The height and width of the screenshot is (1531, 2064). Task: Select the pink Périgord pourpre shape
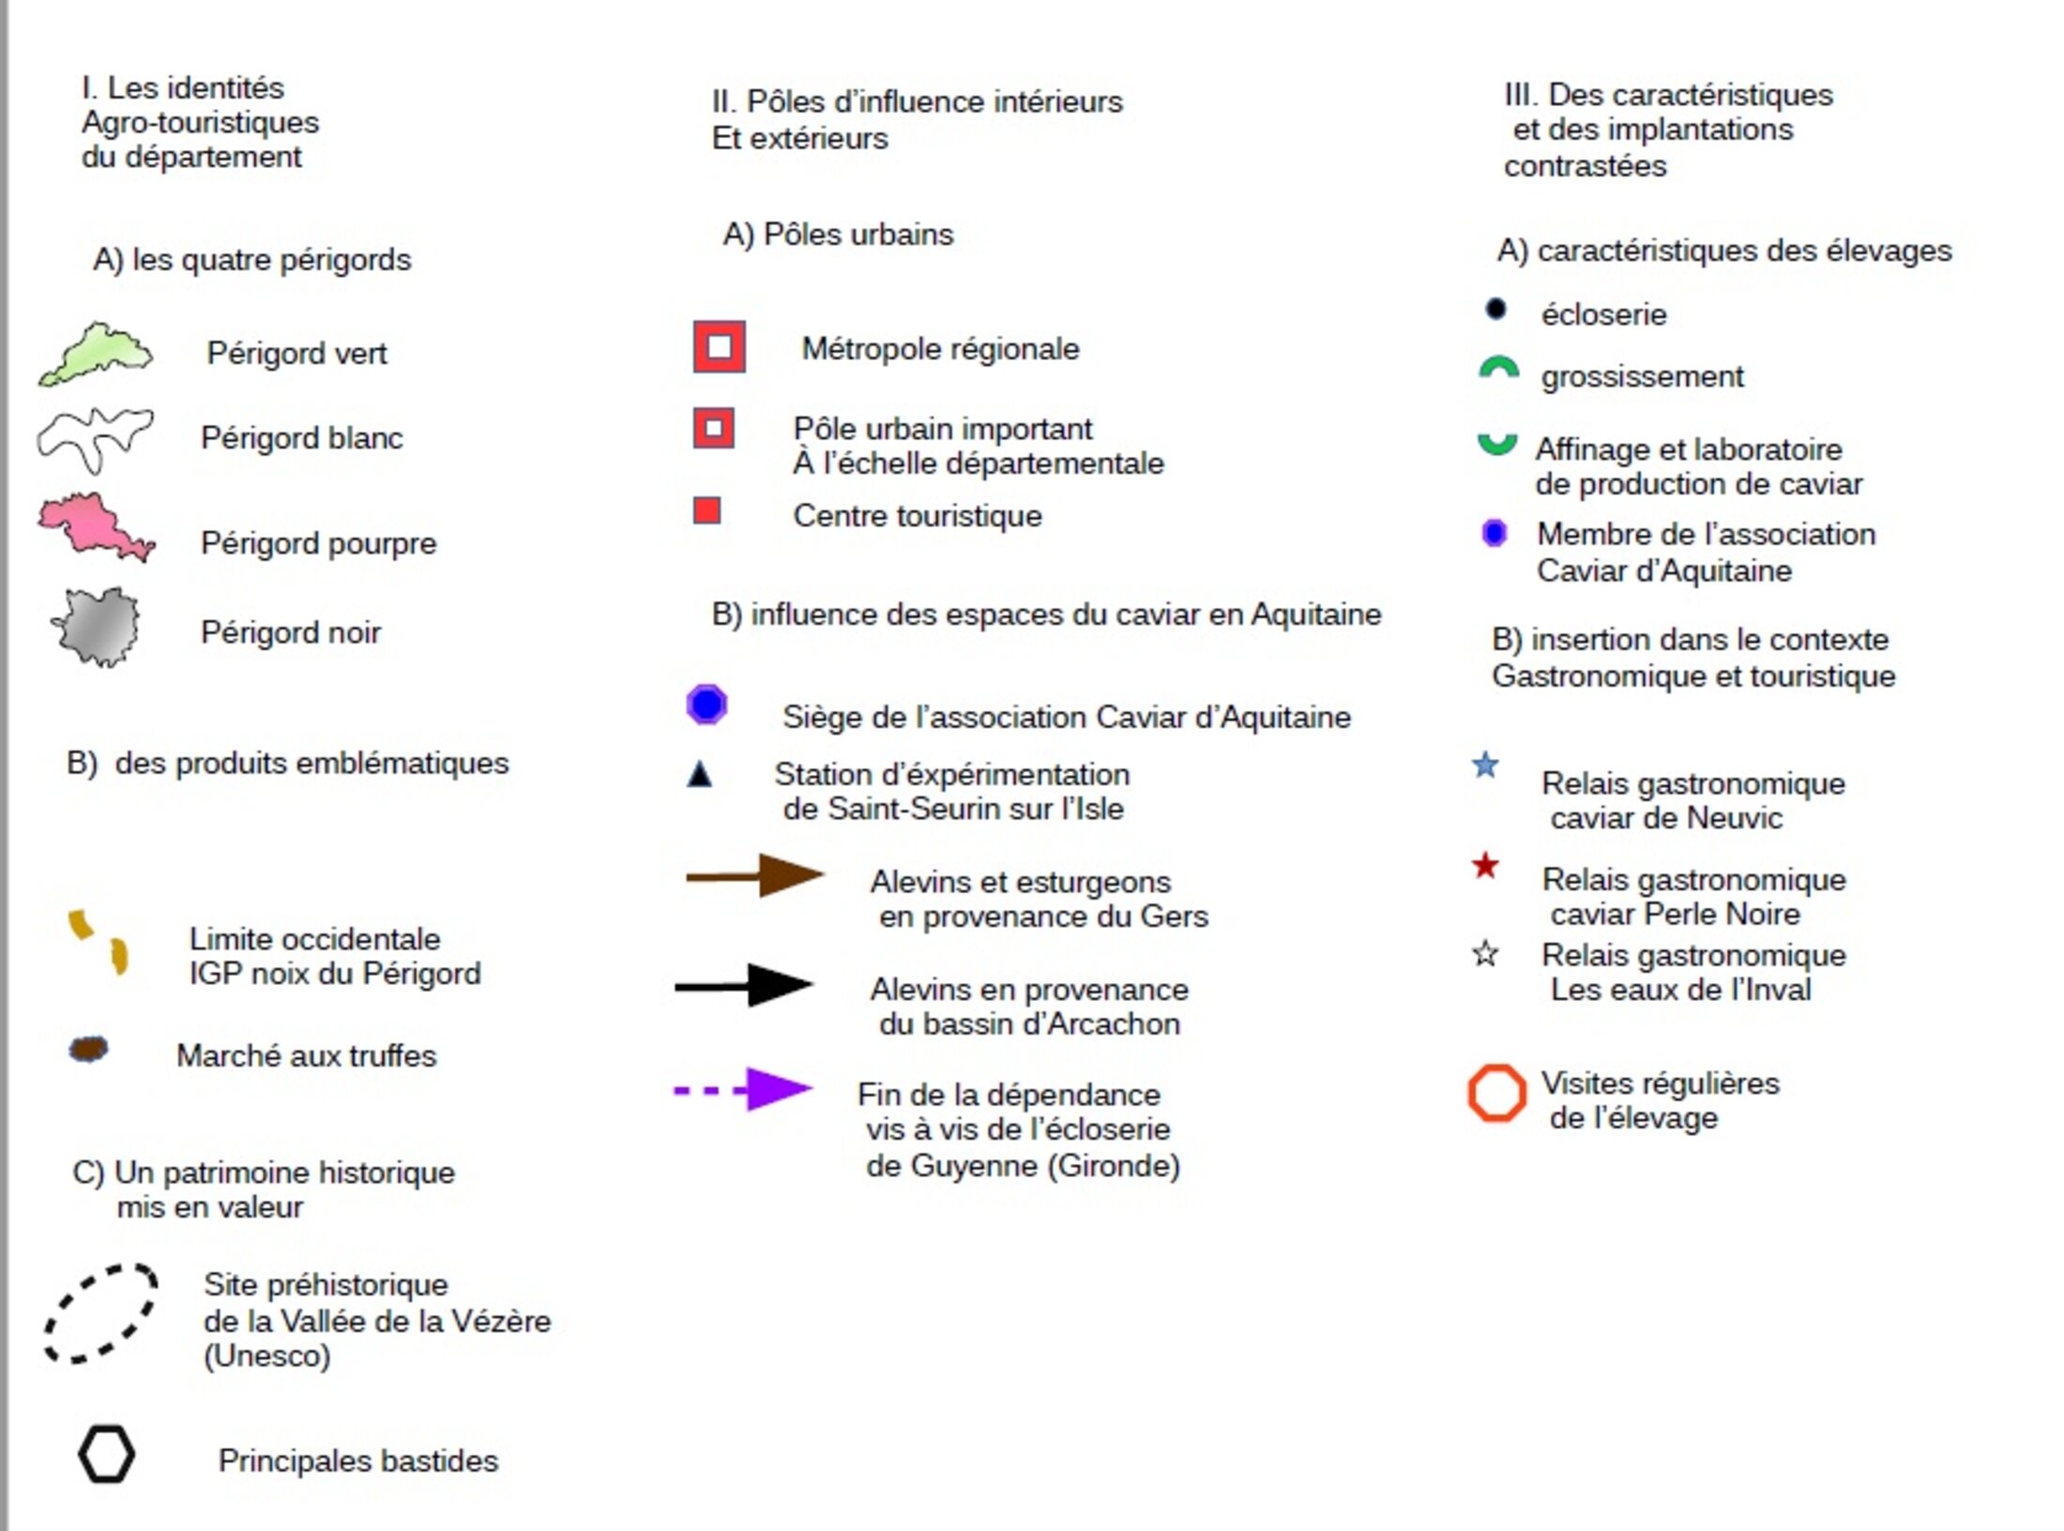click(x=94, y=525)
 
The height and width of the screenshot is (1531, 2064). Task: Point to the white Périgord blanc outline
click(x=94, y=437)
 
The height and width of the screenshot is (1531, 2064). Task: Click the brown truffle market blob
click(x=88, y=1050)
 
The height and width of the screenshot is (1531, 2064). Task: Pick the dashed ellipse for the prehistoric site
click(x=100, y=1313)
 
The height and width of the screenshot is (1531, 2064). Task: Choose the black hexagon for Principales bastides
click(x=106, y=1455)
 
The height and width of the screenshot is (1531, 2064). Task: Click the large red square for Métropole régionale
click(x=720, y=347)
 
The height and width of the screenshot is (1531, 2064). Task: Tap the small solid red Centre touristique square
click(x=706, y=511)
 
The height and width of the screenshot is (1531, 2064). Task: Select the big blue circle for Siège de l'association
click(x=706, y=704)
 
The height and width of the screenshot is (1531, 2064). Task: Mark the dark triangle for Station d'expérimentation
click(x=700, y=775)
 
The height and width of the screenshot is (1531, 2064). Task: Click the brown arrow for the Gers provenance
click(x=754, y=876)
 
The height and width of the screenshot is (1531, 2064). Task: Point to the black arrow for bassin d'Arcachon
click(x=744, y=985)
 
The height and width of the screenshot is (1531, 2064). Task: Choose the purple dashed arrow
click(x=743, y=1089)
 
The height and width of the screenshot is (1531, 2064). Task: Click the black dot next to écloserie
click(x=1495, y=309)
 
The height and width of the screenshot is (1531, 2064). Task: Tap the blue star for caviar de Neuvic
click(x=1485, y=765)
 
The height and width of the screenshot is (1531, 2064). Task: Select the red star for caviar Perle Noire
click(x=1485, y=865)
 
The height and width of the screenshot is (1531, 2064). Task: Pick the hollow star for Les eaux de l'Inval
click(x=1485, y=954)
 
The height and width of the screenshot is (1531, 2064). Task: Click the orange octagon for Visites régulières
click(x=1496, y=1093)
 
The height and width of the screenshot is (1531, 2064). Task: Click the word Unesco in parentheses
click(x=267, y=1357)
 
